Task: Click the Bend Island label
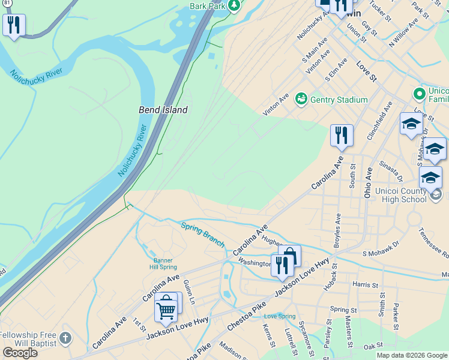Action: pyautogui.click(x=163, y=110)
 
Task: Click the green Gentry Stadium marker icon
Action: pyautogui.click(x=301, y=98)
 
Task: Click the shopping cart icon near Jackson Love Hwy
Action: pyautogui.click(x=166, y=309)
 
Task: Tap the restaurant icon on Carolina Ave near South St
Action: pyautogui.click(x=341, y=136)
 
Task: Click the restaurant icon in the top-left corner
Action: pyautogui.click(x=13, y=25)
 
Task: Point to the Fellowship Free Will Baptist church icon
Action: pyautogui.click(x=66, y=338)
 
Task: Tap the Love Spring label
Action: pyautogui.click(x=280, y=316)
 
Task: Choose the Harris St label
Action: pyautogui.click(x=366, y=286)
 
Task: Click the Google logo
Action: pyautogui.click(x=20, y=353)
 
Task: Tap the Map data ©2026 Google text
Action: pyautogui.click(x=412, y=355)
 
